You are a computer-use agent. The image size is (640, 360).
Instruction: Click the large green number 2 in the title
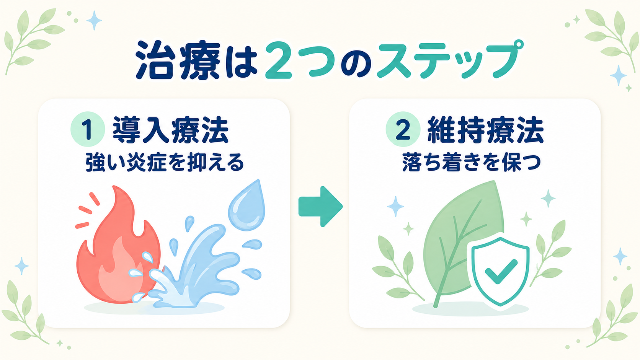coord(278,60)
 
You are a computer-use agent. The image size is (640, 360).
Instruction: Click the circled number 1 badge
coord(88,129)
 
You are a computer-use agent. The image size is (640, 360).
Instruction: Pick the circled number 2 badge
coord(403,129)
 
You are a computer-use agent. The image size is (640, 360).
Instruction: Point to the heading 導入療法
coord(171,130)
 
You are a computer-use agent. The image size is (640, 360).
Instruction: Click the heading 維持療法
coord(485,130)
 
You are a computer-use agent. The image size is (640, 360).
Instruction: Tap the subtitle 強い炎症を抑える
coord(165,162)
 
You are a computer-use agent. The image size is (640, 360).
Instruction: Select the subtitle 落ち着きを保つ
coord(472,162)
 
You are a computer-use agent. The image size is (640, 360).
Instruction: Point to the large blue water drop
coord(247,205)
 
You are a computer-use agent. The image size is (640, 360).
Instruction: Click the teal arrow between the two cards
coord(320,207)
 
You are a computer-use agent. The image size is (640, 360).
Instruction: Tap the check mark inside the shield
coord(501,271)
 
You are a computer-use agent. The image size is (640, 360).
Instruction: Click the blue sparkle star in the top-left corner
coord(94,20)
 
